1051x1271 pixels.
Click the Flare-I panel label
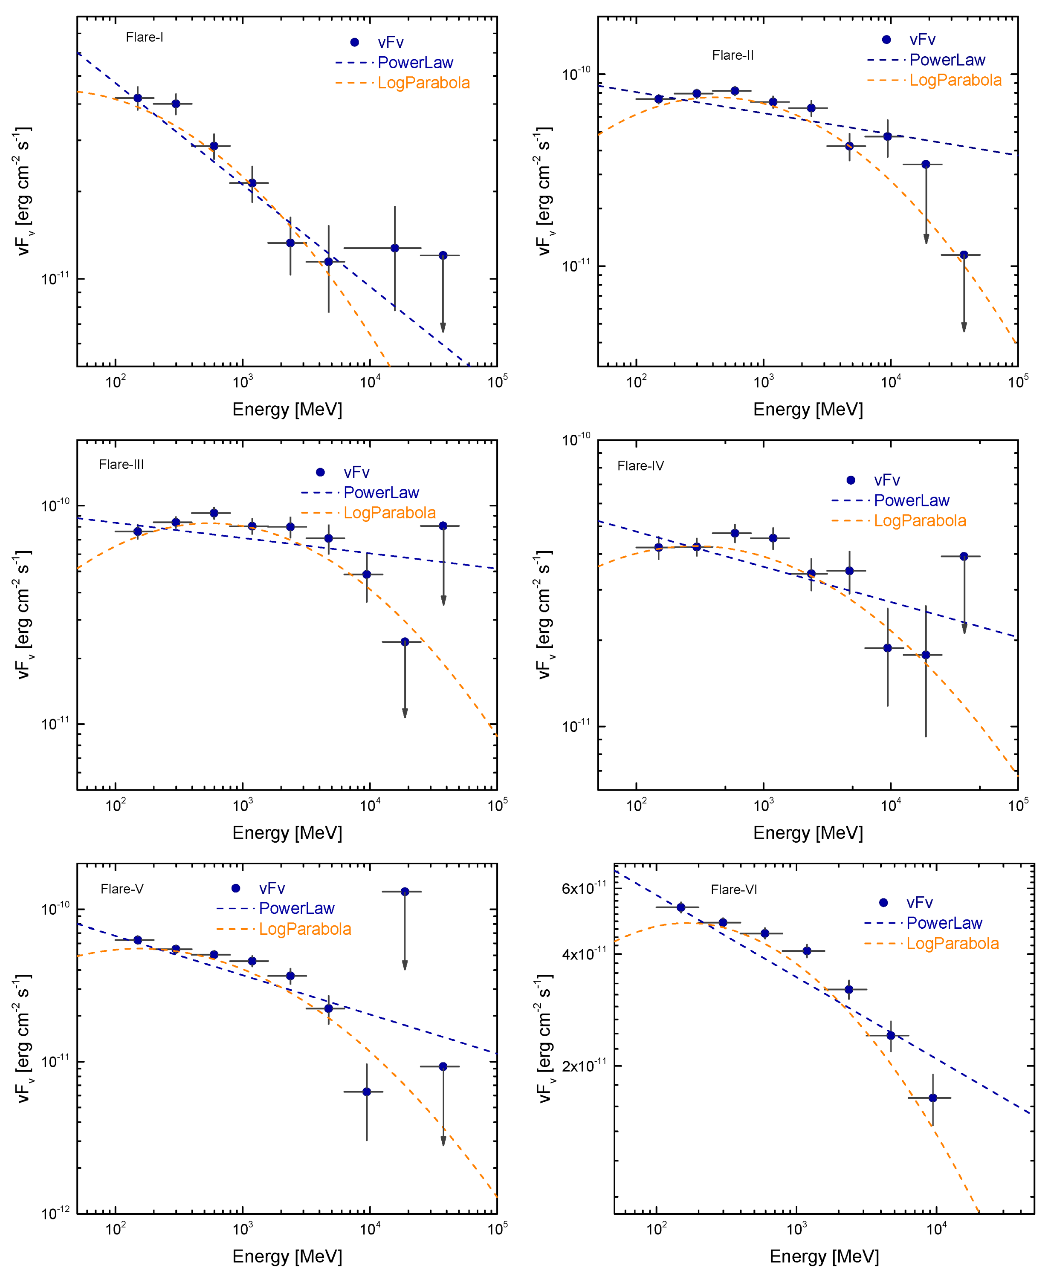[144, 38]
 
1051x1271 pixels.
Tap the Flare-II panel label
[733, 56]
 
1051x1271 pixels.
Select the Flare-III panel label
[121, 464]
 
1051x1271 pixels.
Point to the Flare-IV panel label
[640, 465]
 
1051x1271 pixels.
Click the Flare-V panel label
[122, 889]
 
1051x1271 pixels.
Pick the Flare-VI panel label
[734, 889]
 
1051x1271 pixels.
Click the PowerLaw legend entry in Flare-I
[415, 62]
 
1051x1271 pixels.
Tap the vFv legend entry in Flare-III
[356, 472]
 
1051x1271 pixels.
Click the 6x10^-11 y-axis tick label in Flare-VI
[584, 889]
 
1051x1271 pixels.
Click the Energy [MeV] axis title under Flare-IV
[808, 833]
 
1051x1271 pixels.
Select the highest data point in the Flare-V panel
[405, 892]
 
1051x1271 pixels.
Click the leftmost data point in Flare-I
[137, 98]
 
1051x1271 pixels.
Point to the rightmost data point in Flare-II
[964, 255]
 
